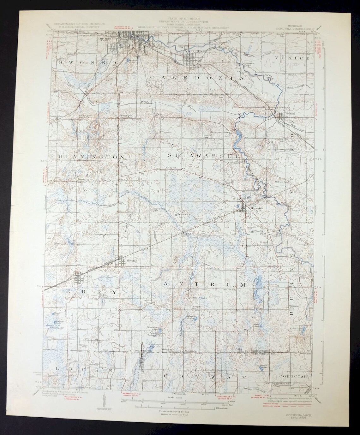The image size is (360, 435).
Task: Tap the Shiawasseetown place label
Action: (x=221, y=132)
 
